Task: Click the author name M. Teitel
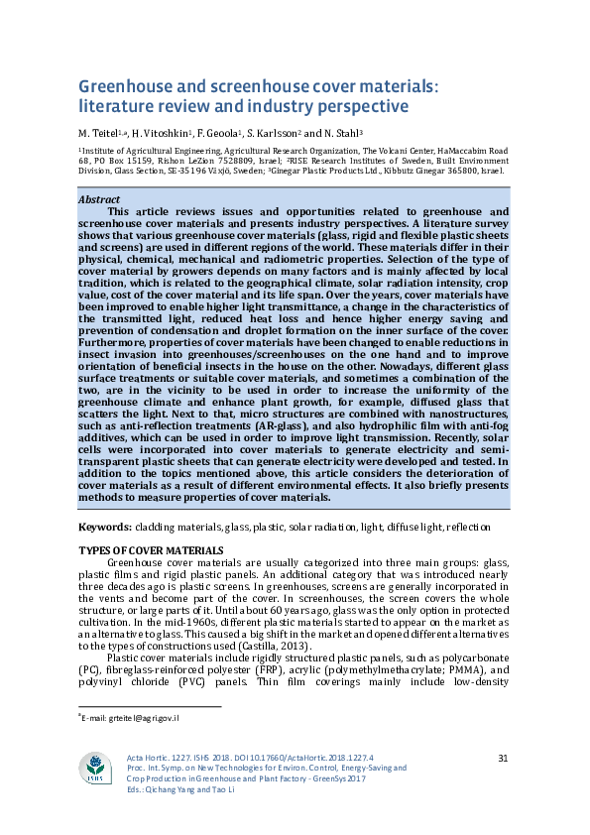[x=98, y=132]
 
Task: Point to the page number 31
[x=503, y=759]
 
